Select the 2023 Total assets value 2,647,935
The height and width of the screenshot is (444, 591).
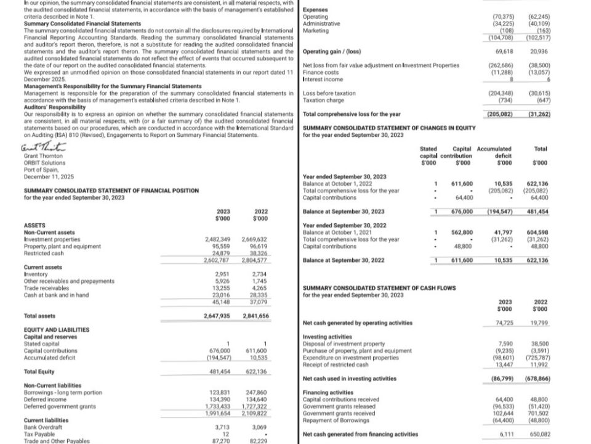click(x=216, y=316)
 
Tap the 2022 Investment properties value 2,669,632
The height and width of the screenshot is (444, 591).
click(x=254, y=239)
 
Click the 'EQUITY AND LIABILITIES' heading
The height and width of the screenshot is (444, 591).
click(x=56, y=330)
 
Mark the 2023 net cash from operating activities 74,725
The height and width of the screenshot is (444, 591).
click(x=504, y=323)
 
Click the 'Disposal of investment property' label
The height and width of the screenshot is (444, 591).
click(x=344, y=343)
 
